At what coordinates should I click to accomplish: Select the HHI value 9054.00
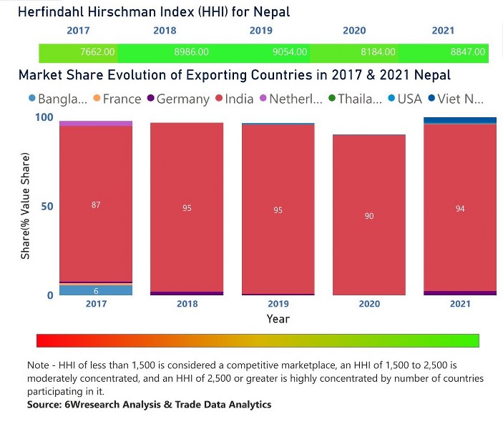click(290, 52)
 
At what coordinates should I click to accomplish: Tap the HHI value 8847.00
click(468, 52)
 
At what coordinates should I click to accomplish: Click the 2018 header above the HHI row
click(165, 31)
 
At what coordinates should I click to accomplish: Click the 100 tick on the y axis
click(44, 117)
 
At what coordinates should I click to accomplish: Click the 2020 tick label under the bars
click(369, 304)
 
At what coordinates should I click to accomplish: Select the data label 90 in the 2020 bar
click(369, 215)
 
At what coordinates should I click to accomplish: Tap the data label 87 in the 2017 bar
click(96, 205)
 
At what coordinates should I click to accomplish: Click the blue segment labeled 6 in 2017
click(96, 290)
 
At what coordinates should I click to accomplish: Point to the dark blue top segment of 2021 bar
click(460, 120)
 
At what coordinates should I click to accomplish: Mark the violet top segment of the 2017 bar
click(96, 123)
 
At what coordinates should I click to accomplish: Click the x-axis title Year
click(278, 318)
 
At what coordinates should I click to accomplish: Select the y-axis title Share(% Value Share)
click(26, 206)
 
